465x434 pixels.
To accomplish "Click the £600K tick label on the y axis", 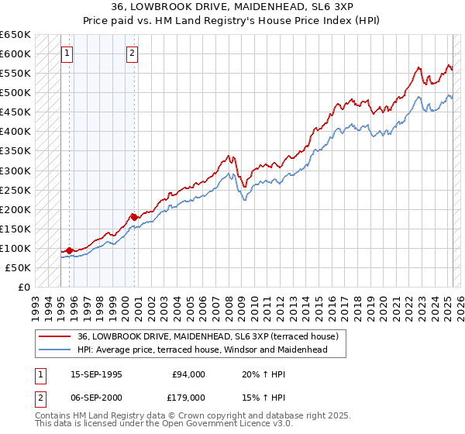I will click(16, 53).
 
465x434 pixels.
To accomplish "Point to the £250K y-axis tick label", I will click(16, 190).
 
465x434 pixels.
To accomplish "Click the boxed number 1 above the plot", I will click(68, 53).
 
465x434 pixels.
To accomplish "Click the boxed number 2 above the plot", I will click(133, 53).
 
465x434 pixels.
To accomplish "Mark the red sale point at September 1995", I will click(70, 250).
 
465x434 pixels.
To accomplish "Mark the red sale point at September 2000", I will click(133, 217).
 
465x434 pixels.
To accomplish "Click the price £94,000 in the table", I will click(188, 374).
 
